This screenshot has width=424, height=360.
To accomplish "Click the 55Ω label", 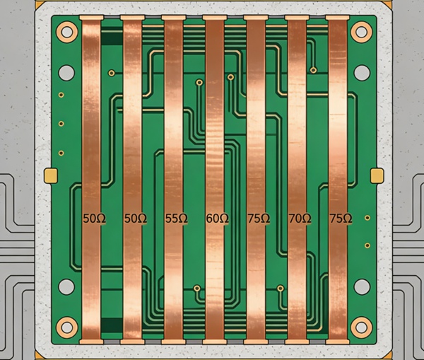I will click(176, 219).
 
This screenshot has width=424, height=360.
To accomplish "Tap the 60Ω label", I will click(217, 219).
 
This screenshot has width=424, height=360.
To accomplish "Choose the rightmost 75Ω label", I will click(340, 219).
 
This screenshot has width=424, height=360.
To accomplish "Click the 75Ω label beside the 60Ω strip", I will click(258, 219).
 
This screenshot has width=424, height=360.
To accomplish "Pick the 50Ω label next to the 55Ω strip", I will click(135, 219).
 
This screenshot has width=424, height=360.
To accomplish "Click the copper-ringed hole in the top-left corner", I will click(66, 32).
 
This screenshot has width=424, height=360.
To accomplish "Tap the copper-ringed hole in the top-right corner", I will click(361, 32).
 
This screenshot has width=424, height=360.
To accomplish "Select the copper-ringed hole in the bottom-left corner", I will click(66, 327).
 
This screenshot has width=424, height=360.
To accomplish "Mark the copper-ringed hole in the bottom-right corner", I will click(361, 327).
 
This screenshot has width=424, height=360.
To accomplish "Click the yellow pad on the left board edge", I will click(50, 175).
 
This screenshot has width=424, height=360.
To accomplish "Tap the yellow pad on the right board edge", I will click(378, 175).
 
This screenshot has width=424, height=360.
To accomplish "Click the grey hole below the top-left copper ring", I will click(66, 72).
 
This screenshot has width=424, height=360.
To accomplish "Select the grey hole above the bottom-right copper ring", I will click(361, 286).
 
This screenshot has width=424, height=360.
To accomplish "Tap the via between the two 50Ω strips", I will click(112, 73).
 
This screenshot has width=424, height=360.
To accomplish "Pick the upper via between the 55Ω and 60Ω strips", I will click(200, 83).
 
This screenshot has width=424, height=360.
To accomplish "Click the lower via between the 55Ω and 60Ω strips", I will click(197, 289).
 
